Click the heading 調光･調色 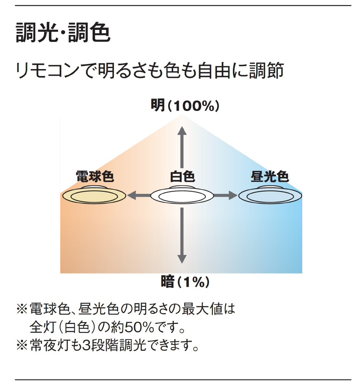pos(63,33)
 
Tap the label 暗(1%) pos(185,282)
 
